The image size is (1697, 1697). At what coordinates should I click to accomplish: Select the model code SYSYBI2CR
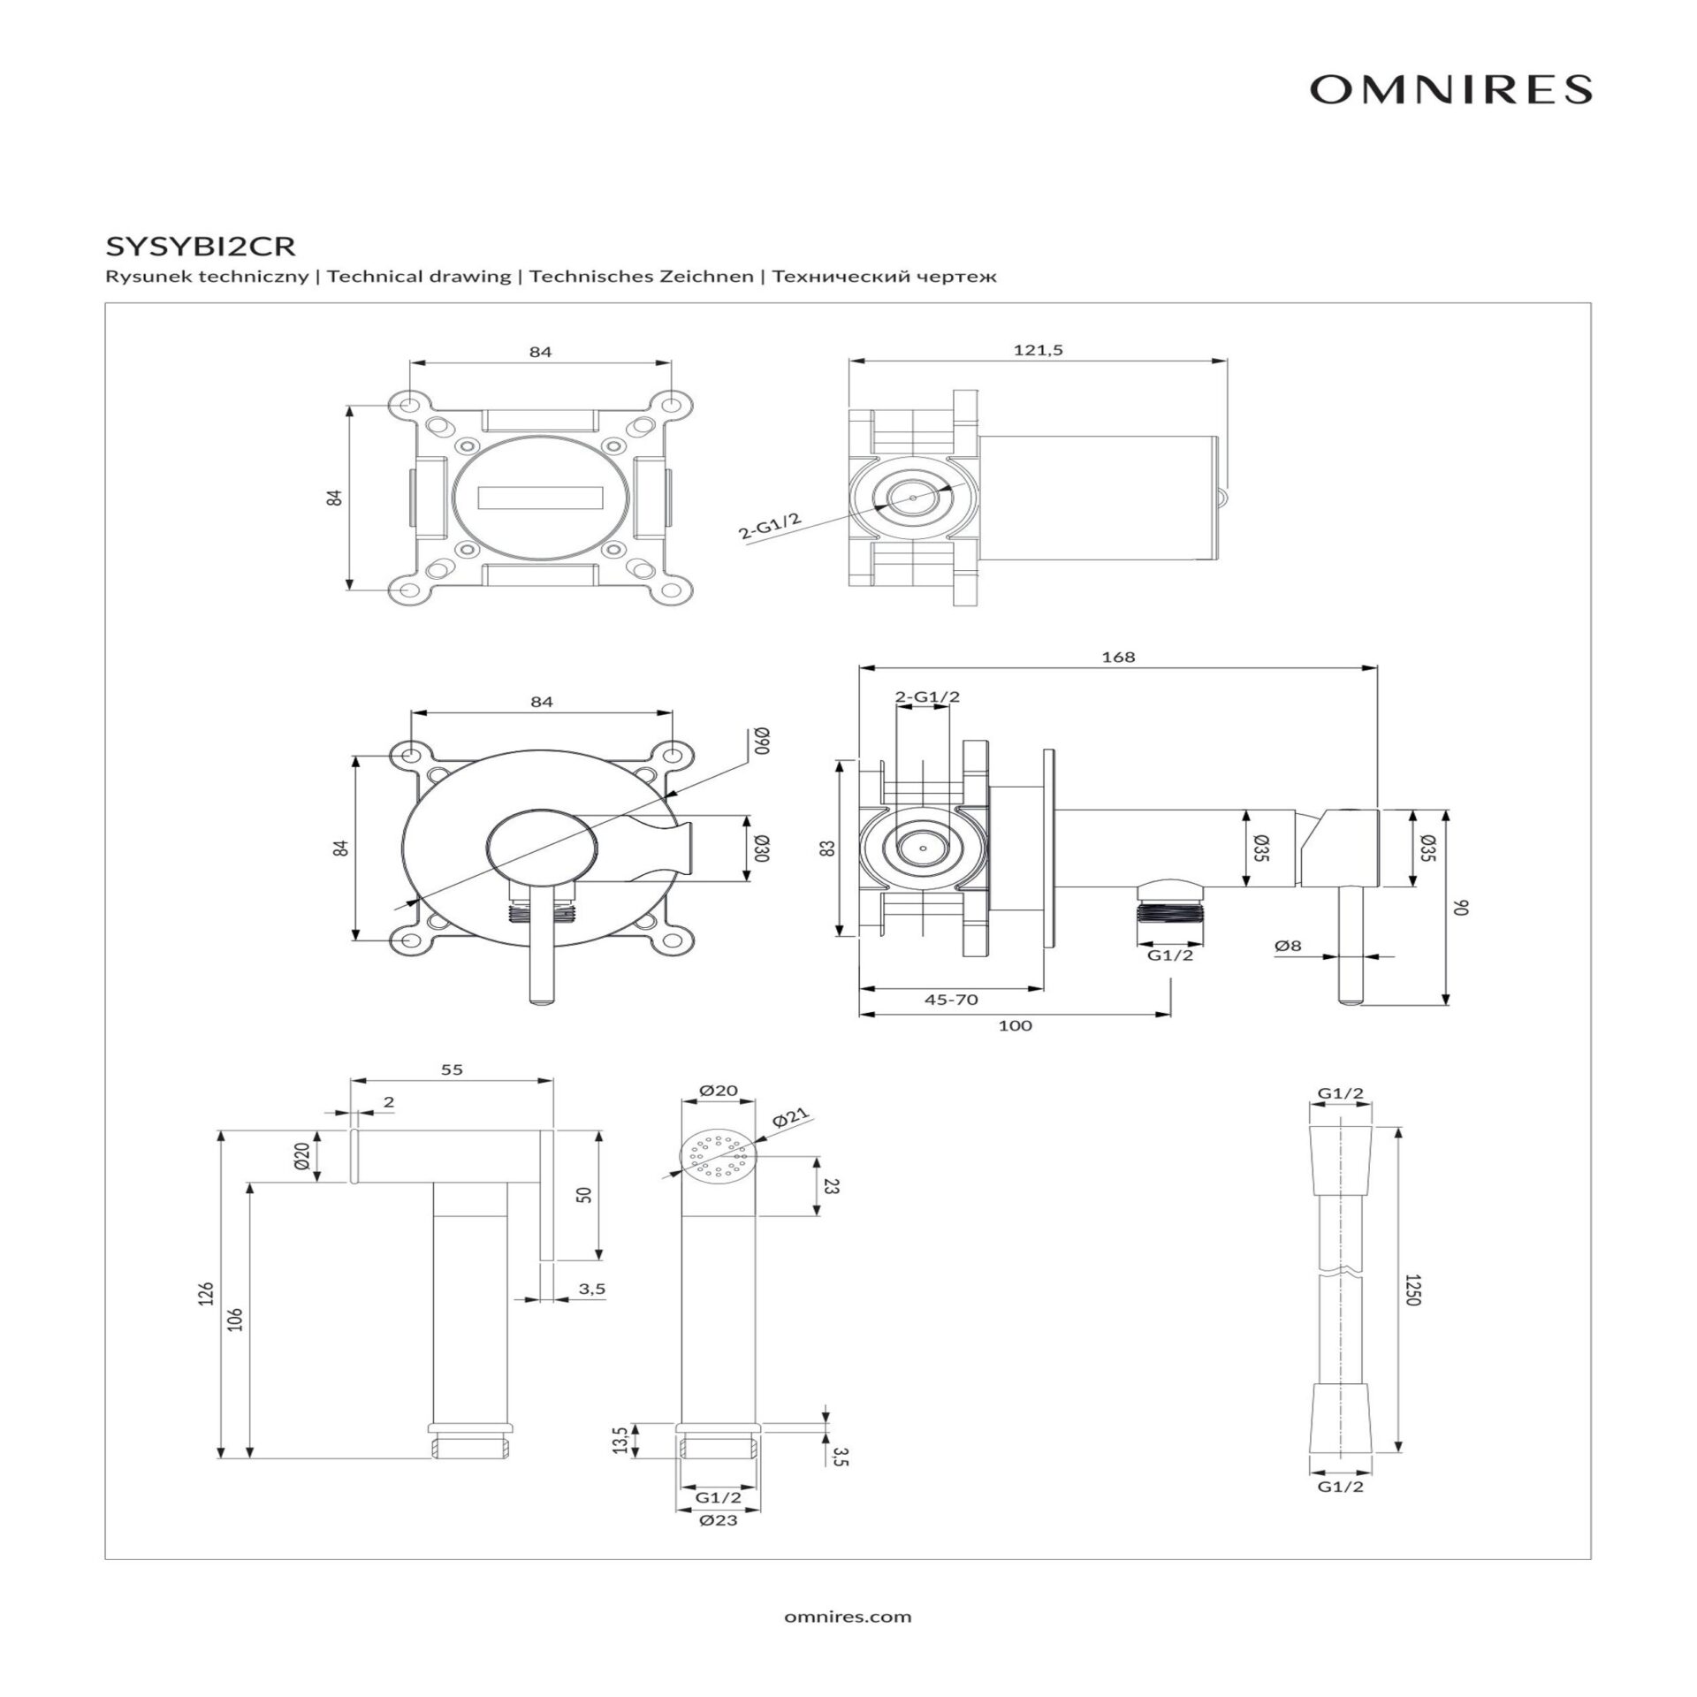200,244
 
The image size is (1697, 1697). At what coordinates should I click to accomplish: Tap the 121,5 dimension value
1038,350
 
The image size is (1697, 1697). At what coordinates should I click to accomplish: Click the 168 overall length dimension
1118,657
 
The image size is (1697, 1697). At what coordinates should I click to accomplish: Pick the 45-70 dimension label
951,1000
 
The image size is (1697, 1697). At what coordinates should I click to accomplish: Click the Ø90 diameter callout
762,741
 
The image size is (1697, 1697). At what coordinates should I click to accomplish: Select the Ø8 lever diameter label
1288,946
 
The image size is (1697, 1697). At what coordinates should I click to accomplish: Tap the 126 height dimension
207,1295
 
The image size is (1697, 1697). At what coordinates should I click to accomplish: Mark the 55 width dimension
452,1069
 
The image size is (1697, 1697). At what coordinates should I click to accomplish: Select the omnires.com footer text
848,1617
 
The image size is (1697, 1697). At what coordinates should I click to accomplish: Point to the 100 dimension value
1015,1026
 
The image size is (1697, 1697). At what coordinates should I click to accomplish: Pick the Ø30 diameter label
762,848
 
